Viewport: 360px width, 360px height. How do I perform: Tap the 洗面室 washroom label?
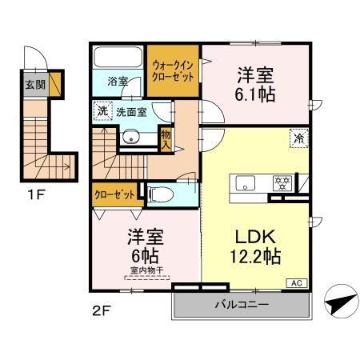tap(131, 113)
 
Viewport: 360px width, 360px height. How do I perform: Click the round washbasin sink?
tap(130, 137)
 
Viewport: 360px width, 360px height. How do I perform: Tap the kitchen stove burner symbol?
tap(281, 181)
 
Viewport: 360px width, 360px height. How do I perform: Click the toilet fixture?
tap(159, 193)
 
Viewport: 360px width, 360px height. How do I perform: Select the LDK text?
tap(256, 238)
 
